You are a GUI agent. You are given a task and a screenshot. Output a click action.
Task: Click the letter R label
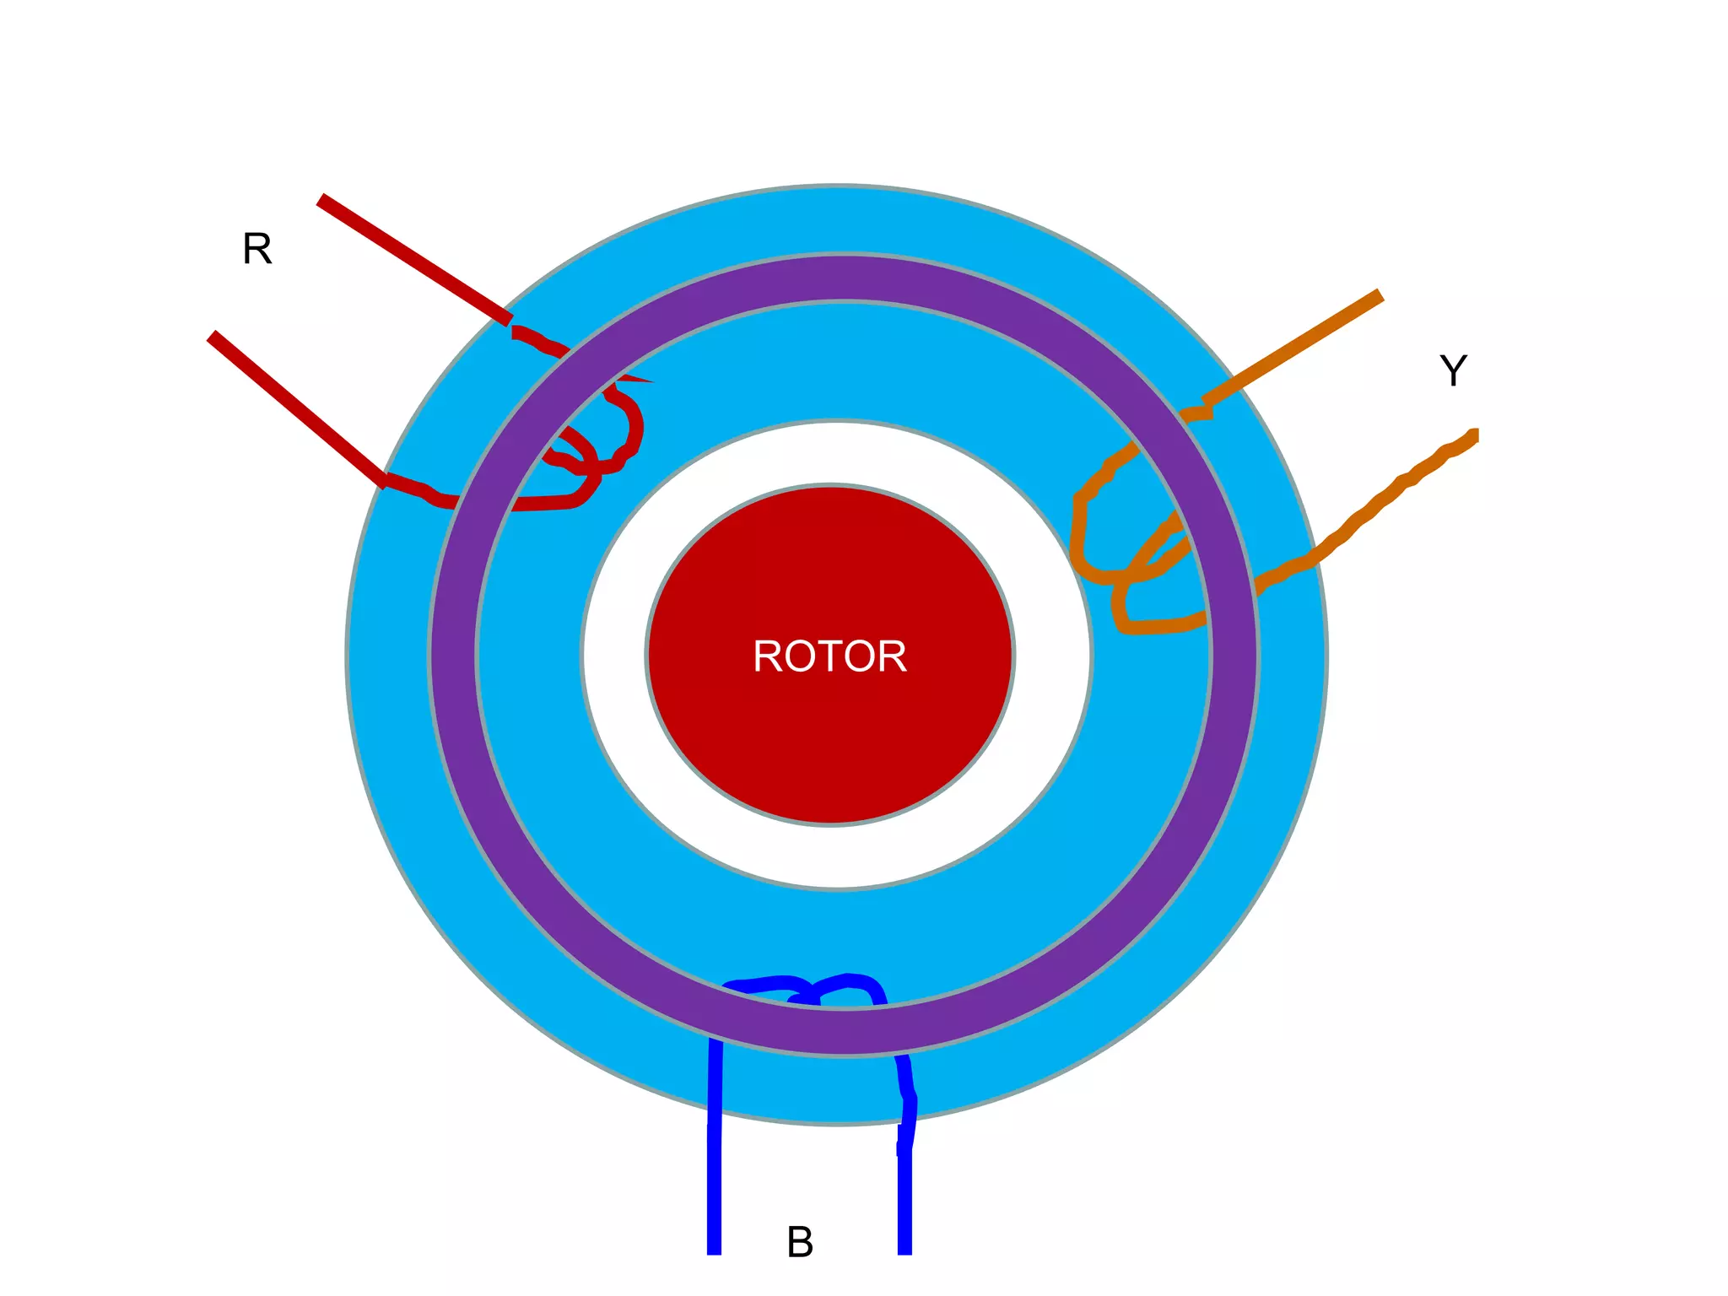[x=257, y=250]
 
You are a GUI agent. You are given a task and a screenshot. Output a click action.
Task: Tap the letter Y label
[x=1453, y=371]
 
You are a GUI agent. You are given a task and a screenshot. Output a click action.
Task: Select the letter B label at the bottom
[x=800, y=1242]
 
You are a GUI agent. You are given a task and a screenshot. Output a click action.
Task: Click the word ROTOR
[x=829, y=656]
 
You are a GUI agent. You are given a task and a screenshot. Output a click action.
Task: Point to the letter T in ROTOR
[x=829, y=656]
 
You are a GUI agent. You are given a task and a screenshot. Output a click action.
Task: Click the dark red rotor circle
[x=831, y=742]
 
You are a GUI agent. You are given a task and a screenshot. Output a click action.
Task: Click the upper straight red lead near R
[x=413, y=257]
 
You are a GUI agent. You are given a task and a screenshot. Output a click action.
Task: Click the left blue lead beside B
[x=714, y=1164]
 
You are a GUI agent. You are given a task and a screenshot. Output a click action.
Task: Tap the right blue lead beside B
[x=904, y=1198]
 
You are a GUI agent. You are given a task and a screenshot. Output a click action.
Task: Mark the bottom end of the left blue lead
[x=714, y=1249]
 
